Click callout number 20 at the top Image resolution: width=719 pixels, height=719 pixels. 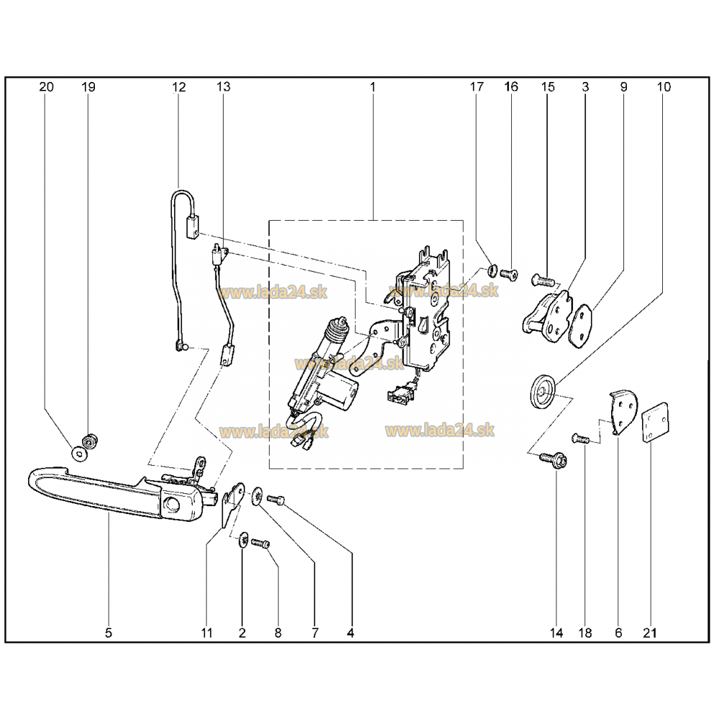tap(46, 87)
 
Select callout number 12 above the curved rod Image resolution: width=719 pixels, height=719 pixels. tap(179, 87)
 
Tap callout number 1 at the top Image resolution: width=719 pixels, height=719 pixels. tap(372, 87)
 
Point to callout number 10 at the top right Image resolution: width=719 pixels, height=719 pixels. tap(664, 87)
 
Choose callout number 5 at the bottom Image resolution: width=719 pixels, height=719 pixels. tap(109, 633)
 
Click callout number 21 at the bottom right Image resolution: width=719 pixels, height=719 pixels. tap(650, 633)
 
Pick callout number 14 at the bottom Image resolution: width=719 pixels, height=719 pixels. tap(557, 633)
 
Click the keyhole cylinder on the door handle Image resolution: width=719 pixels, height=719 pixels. tap(172, 505)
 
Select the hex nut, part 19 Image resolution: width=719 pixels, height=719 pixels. tap(88, 441)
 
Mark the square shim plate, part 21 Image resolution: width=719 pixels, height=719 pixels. tap(655, 422)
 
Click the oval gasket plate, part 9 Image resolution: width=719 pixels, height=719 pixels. tap(580, 325)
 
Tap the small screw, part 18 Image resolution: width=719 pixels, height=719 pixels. tap(580, 439)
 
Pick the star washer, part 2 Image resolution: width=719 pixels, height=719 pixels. tap(244, 540)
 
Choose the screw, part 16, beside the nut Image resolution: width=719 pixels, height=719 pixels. tap(508, 275)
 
